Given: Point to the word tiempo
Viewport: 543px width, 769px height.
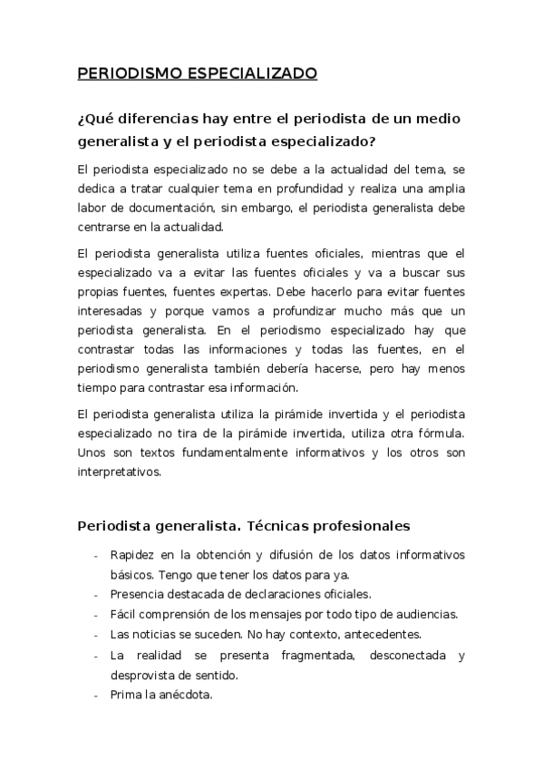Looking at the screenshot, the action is [95, 388].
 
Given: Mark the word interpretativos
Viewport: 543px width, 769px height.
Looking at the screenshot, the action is [120, 471].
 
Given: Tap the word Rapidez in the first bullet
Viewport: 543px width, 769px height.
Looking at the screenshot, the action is [132, 555].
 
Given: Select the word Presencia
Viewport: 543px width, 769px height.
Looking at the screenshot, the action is [137, 595].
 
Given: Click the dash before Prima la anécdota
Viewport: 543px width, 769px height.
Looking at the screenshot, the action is [96, 696].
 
